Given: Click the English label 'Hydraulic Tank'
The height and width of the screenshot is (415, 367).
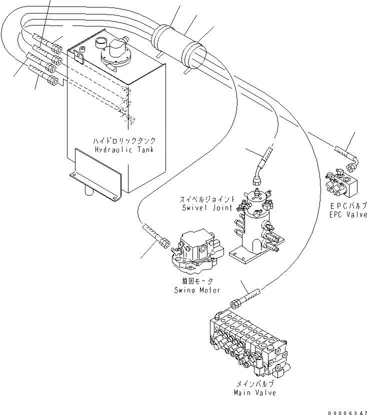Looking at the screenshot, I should tap(124, 150).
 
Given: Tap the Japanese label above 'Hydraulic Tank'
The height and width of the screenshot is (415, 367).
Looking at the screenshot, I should tap(124, 141).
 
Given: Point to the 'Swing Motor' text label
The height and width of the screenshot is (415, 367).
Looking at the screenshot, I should tap(196, 290).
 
